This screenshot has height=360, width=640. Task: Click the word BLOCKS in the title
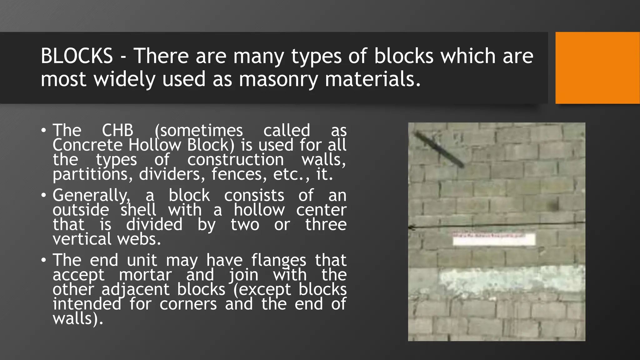[77, 56]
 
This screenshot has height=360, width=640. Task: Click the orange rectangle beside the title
[597, 68]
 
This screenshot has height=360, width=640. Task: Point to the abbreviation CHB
[117, 130]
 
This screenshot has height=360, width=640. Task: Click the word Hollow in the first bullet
[155, 145]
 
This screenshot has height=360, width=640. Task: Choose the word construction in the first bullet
[236, 160]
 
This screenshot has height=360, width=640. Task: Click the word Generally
[91, 196]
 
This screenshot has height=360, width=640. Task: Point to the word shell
[138, 210]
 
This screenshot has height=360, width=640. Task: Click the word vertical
[82, 239]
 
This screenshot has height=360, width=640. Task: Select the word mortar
[145, 275]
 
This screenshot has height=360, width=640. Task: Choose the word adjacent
[135, 290]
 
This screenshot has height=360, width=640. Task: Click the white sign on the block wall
[494, 240]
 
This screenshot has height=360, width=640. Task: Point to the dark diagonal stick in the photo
[439, 149]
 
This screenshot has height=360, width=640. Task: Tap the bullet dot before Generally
[44, 196]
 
